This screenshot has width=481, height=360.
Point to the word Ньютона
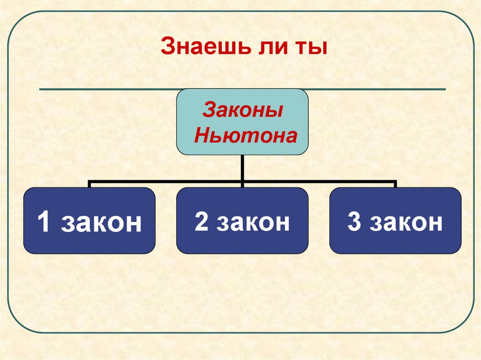pos(246,136)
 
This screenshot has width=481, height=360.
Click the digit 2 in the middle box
pos(202,222)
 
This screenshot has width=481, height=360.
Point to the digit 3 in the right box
pos(354,222)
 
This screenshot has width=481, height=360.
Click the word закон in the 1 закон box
pos(101,223)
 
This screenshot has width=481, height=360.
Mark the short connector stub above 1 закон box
pos(89,184)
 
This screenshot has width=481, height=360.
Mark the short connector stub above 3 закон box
pos(395,184)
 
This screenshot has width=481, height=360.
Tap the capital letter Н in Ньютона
pos(202,136)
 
